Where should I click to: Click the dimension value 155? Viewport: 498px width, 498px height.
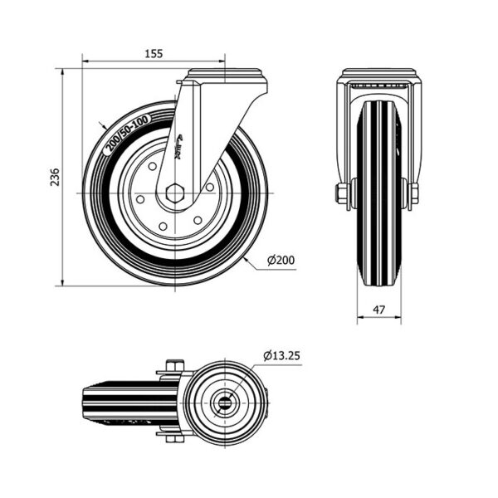(x=152, y=52)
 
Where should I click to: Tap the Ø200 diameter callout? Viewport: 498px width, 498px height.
(x=281, y=261)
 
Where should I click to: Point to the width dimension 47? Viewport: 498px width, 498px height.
(x=378, y=309)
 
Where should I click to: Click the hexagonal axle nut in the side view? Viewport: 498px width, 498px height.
(x=174, y=193)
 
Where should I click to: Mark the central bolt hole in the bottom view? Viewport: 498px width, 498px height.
(x=225, y=403)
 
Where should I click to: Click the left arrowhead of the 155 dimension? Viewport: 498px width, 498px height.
(x=85, y=61)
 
